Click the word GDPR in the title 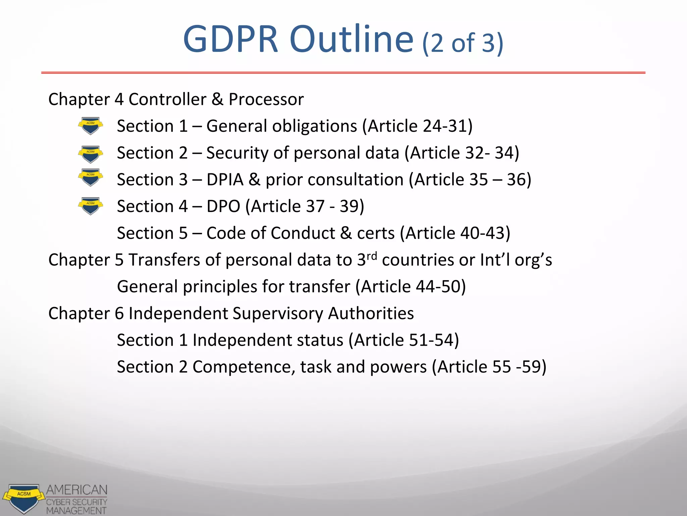click(x=231, y=40)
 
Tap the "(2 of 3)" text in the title click(x=463, y=43)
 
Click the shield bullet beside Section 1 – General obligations click(x=90, y=126)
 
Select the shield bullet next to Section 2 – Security click(x=90, y=154)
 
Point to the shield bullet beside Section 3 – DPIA click(x=90, y=177)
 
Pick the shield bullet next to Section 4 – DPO click(x=90, y=206)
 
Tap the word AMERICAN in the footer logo click(x=77, y=490)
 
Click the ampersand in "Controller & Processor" click(x=217, y=99)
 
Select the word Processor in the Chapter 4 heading click(x=266, y=99)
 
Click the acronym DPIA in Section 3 click(x=225, y=179)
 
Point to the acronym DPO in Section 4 click(x=223, y=206)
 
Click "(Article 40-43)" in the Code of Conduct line click(x=455, y=233)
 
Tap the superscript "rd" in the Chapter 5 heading click(x=372, y=256)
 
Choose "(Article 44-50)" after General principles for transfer click(x=411, y=287)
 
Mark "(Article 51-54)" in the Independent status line click(x=404, y=340)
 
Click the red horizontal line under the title click(x=343, y=73)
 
